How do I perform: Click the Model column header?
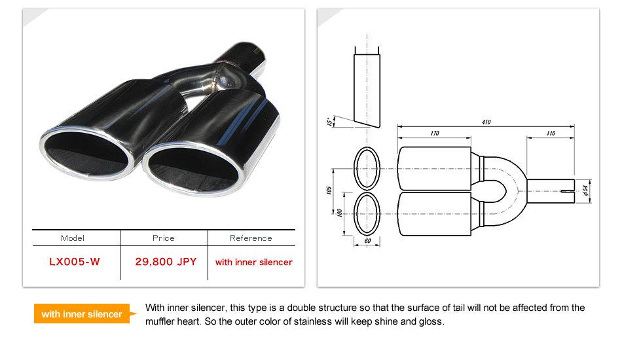[73, 238]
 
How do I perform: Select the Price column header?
[164, 238]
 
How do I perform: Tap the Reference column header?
[251, 238]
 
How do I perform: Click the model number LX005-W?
[75, 262]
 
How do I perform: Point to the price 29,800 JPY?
[166, 262]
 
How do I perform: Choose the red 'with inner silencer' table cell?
[254, 262]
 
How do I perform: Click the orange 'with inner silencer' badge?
[82, 314]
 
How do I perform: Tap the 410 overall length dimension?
[486, 122]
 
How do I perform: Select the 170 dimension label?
[435, 134]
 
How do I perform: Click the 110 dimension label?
[551, 134]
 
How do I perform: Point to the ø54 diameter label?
[585, 189]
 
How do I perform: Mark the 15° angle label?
[329, 121]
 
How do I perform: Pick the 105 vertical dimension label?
[329, 190]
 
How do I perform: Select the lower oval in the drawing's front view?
[367, 213]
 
